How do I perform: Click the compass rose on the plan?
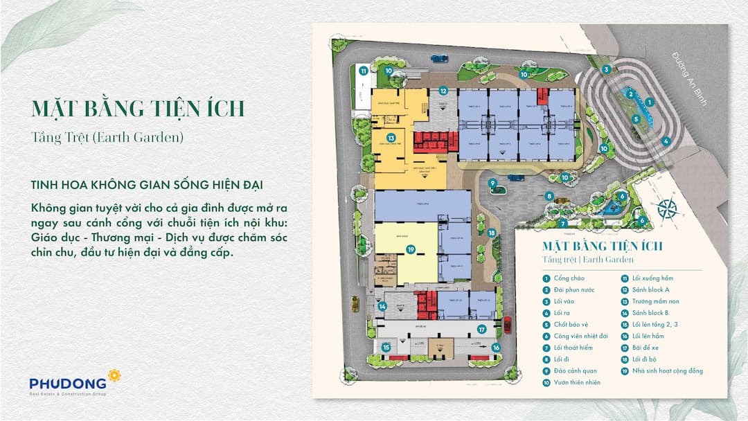(x=667, y=208)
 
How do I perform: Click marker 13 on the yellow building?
(x=391, y=138)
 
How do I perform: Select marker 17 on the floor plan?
(x=481, y=330)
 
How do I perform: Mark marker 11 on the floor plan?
(x=363, y=70)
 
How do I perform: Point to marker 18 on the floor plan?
(x=491, y=233)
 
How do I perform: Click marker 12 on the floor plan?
(x=443, y=91)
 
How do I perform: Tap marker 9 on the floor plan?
(x=493, y=183)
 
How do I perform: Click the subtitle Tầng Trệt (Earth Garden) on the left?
(x=107, y=137)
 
